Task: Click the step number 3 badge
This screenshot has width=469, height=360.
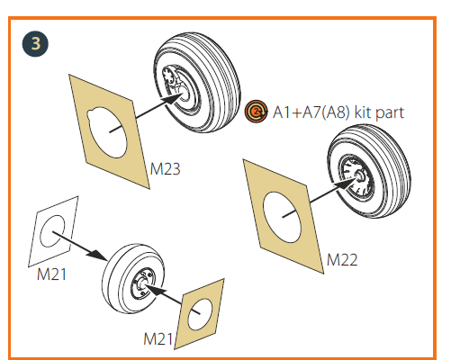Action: point(35,44)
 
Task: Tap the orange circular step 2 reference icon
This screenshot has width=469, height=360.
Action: point(256,112)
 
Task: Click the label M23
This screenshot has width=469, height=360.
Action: point(165,169)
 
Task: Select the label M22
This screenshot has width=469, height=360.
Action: point(342,260)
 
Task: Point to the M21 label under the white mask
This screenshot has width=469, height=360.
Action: point(51,274)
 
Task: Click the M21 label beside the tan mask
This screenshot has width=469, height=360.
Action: point(158,339)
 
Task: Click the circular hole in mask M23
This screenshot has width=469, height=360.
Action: point(107,132)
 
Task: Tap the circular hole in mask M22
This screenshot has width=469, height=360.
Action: point(282,217)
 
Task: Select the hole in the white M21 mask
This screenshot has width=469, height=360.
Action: point(52,231)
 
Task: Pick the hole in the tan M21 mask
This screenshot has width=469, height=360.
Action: point(200,314)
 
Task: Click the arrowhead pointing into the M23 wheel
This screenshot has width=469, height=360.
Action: point(172,98)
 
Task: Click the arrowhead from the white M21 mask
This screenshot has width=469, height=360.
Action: point(96,255)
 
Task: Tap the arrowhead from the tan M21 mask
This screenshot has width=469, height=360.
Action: point(156,290)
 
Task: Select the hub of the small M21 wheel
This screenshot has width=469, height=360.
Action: point(143,283)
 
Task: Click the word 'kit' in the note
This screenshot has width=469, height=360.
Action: point(363,112)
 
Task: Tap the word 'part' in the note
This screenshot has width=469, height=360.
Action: point(390,113)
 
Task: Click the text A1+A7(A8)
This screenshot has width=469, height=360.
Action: point(311,112)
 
